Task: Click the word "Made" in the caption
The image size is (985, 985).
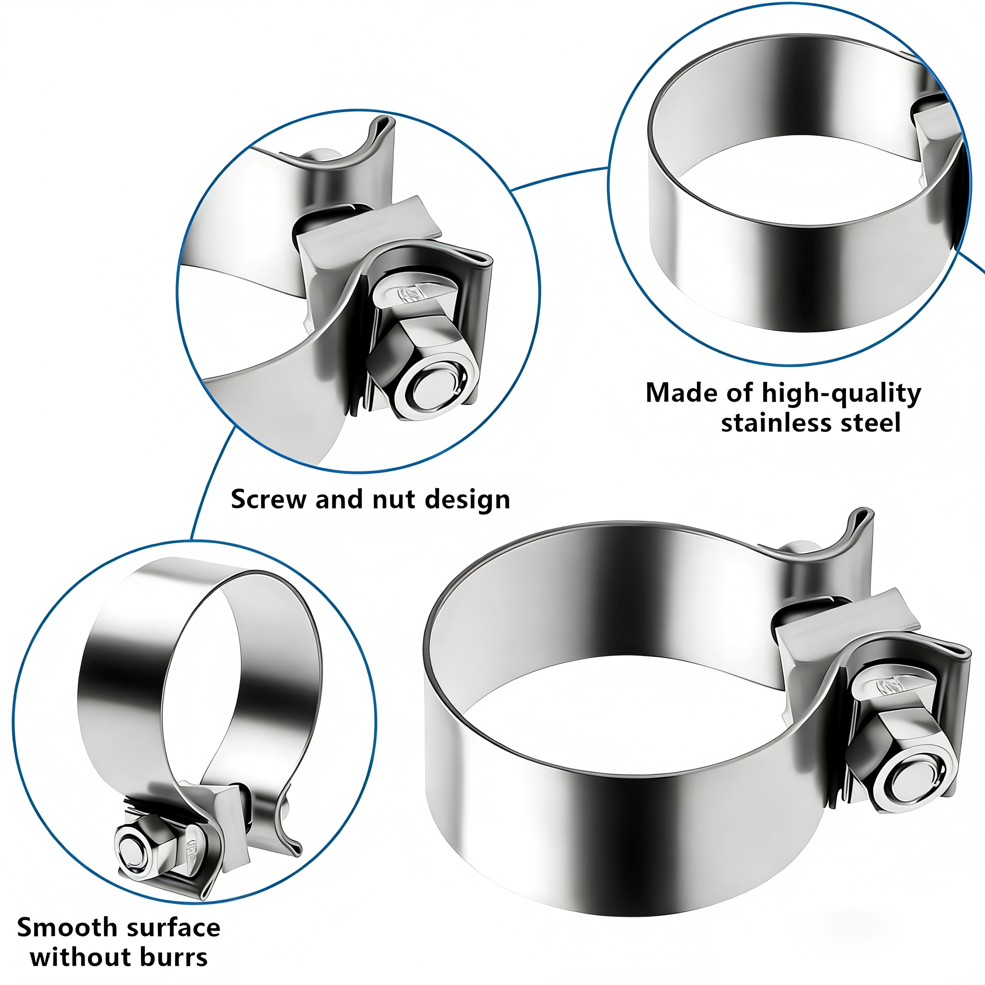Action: pyautogui.click(x=674, y=392)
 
